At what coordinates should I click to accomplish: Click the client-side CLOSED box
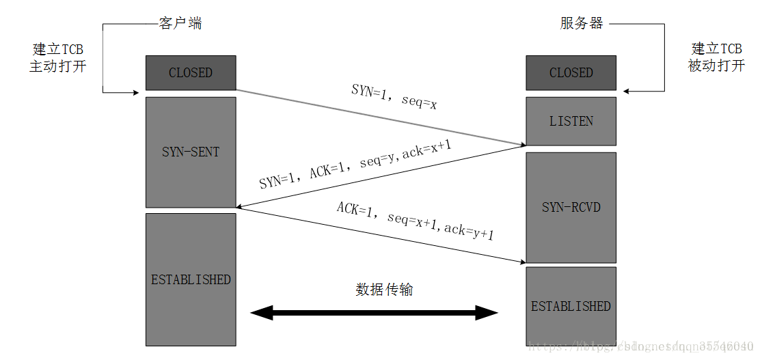191,72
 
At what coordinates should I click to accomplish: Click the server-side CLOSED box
571,72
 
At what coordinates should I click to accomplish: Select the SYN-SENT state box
191,152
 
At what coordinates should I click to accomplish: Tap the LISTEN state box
571,121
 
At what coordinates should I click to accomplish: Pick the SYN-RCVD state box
571,206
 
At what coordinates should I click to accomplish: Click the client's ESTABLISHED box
191,279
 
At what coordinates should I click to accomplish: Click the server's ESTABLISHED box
571,306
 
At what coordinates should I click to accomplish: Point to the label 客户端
180,24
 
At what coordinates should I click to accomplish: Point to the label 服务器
582,24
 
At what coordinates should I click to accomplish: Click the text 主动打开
57,66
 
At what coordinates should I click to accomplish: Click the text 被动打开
716,66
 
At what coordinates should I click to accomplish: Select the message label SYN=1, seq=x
394,96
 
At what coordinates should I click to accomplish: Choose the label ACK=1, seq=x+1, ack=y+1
415,221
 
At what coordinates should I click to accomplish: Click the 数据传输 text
384,289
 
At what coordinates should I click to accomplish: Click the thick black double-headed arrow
374,314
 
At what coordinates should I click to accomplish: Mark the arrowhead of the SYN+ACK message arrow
240,206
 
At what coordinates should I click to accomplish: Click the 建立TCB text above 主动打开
57,50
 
